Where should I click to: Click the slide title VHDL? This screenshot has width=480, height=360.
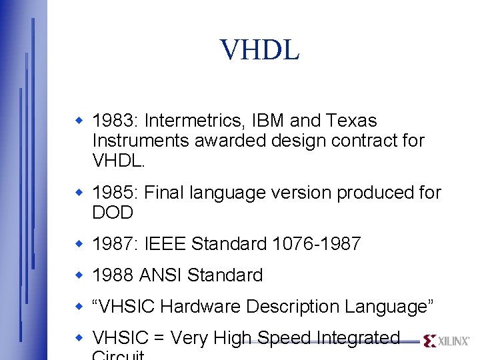(260, 50)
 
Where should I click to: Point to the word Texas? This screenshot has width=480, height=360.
(351, 121)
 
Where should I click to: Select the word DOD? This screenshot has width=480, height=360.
(113, 213)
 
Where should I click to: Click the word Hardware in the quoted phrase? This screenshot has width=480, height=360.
(201, 307)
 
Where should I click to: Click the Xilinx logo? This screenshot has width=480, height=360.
(446, 341)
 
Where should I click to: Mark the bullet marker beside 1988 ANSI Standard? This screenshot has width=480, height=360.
(78, 274)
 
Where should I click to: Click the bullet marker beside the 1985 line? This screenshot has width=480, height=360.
(78, 192)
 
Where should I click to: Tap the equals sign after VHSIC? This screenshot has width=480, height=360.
(157, 339)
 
